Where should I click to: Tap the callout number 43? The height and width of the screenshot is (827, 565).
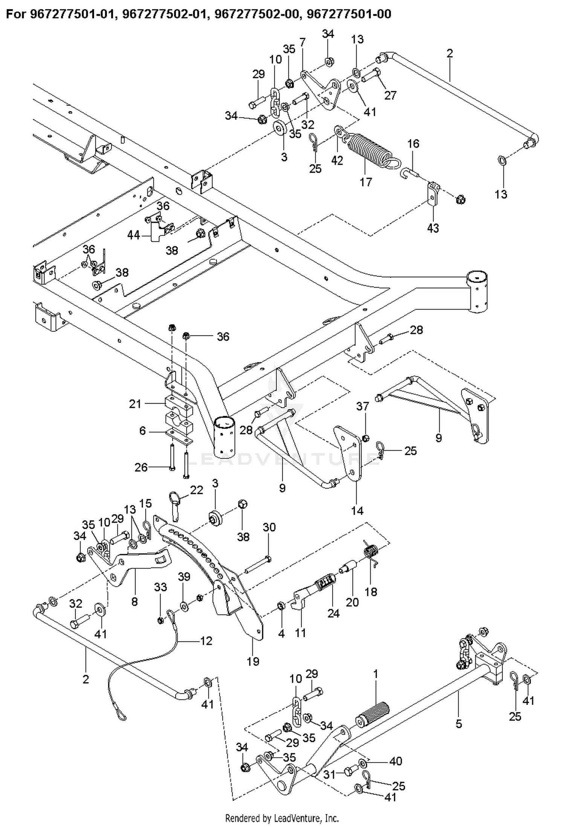pos(433,228)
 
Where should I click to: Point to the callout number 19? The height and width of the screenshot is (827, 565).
pos(253,661)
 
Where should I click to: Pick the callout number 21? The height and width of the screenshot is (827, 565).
pos(135,404)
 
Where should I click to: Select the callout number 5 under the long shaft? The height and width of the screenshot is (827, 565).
pos(458,723)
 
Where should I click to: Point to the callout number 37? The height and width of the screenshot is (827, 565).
pos(362,406)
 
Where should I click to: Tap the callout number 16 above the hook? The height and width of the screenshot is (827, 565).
pos(413,143)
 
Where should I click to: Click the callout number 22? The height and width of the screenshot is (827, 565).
pos(197,490)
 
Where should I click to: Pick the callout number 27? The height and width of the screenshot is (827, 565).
pos(390,95)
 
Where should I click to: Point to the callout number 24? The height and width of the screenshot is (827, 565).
pos(333,613)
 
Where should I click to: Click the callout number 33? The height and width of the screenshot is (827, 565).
pos(161,587)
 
